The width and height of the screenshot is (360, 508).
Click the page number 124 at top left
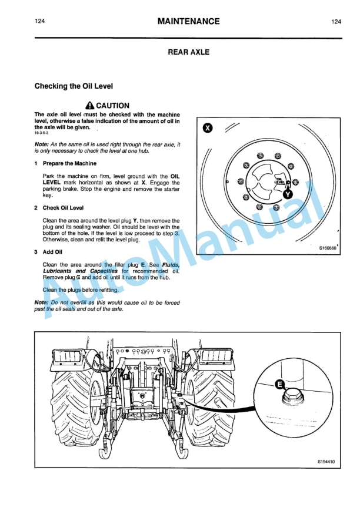[x=40, y=22]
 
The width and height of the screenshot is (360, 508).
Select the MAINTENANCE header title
[x=188, y=22]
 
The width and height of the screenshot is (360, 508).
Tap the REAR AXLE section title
[x=188, y=52]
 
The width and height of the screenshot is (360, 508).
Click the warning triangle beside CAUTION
[x=89, y=106]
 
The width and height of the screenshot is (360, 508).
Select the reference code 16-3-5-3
[x=42, y=134]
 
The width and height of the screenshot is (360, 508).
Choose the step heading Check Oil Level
[x=63, y=208]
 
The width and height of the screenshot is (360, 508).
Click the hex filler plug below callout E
[x=291, y=400]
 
